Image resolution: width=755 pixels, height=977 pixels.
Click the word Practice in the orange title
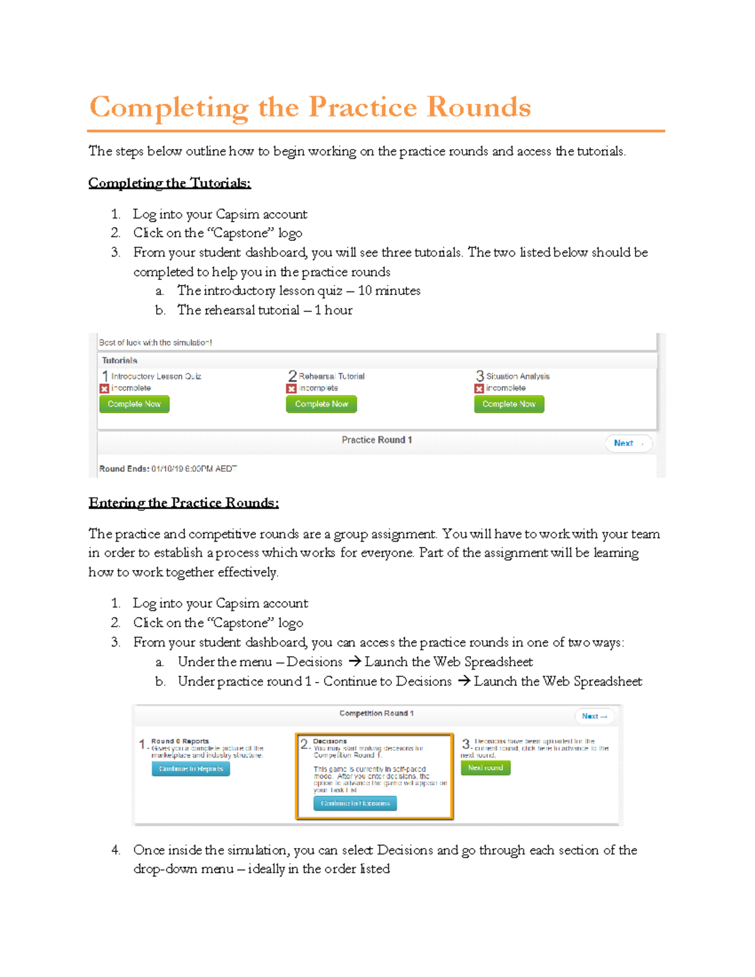point(362,107)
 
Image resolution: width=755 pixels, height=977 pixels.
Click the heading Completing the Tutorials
point(169,183)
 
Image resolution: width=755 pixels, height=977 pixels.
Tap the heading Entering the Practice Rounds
point(183,503)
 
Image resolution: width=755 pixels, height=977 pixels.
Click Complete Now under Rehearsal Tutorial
point(321,404)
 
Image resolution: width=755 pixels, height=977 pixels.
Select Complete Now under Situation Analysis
point(508,404)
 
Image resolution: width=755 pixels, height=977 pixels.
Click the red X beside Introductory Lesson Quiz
point(104,389)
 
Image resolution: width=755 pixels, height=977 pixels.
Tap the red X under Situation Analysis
point(479,389)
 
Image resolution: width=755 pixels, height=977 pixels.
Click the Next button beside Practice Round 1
point(628,443)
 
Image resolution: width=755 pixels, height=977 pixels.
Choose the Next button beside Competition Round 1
point(594,716)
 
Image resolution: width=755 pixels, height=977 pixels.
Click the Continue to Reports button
point(191,769)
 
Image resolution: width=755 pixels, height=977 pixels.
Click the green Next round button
point(485,768)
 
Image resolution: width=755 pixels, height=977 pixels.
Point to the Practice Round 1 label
point(376,440)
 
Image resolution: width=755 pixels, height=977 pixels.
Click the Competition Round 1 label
point(376,713)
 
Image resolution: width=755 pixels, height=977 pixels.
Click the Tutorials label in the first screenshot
point(120,360)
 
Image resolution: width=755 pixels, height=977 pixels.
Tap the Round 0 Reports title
point(180,741)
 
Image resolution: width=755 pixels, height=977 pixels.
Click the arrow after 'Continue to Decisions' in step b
point(464,681)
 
